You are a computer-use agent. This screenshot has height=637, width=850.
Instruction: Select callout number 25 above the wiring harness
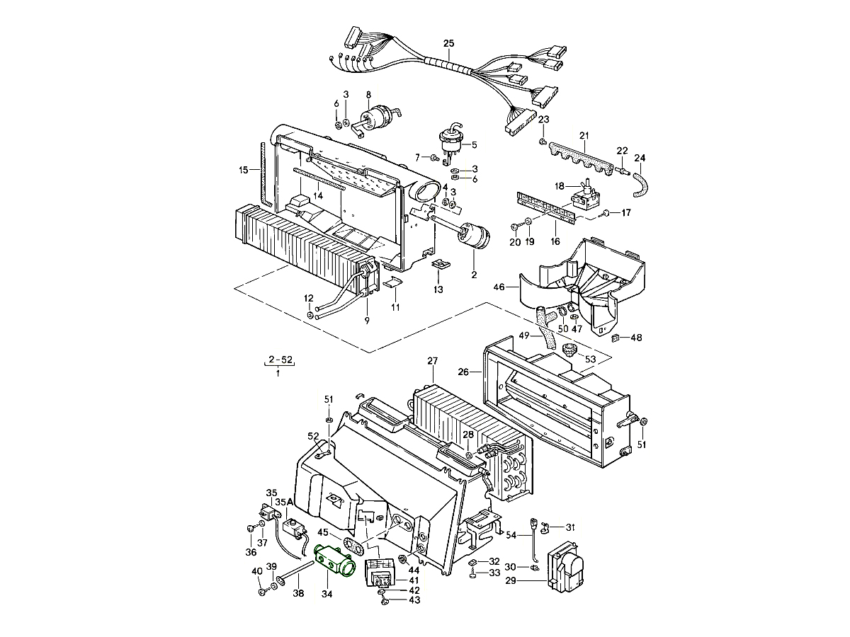(449, 44)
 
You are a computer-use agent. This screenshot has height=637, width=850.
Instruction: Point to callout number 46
(499, 287)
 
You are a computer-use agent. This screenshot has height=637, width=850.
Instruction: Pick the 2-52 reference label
(278, 361)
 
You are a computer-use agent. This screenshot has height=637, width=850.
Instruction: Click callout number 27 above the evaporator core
(433, 361)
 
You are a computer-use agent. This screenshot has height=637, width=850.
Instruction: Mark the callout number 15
(243, 169)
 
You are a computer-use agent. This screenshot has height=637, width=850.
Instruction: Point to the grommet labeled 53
(569, 350)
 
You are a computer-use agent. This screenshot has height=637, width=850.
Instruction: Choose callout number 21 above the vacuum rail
(584, 135)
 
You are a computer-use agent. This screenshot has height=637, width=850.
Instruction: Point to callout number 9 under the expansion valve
(367, 321)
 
